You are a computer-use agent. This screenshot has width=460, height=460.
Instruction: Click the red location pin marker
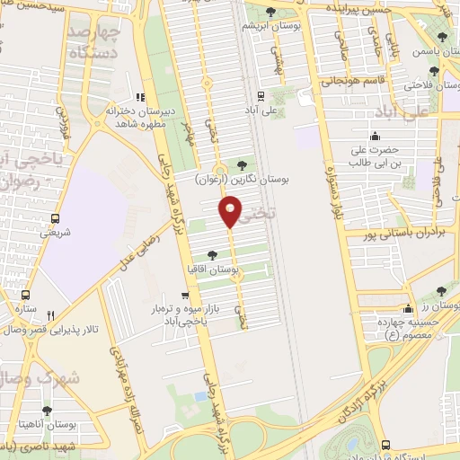coord(231,212)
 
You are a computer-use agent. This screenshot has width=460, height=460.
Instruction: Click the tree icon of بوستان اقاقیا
coord(212,254)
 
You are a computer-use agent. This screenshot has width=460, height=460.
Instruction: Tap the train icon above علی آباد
coord(261,96)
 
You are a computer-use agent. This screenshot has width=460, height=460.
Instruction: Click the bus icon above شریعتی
coord(56,218)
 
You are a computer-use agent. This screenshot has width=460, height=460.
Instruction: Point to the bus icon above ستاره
coord(25,295)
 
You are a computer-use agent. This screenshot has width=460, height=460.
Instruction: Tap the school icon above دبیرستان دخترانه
coord(139,98)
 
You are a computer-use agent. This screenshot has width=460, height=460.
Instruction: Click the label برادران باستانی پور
coord(393,235)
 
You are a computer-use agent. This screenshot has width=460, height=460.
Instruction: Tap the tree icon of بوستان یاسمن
coord(441,37)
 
